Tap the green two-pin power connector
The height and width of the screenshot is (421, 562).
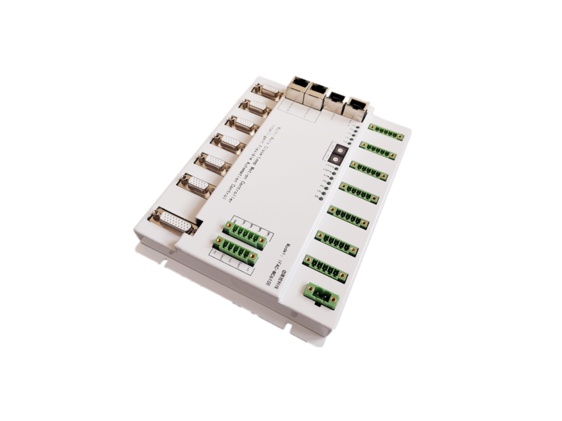322,294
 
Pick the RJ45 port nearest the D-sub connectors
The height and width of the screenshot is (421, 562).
297,89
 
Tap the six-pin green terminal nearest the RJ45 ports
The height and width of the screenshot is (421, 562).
386,132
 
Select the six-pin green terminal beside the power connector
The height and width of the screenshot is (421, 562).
325,267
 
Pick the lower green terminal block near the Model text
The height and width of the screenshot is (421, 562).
237,250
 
